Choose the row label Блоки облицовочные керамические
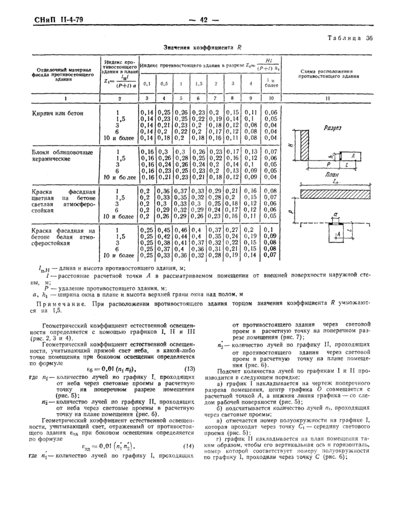coord(58,155)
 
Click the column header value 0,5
coord(164,84)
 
